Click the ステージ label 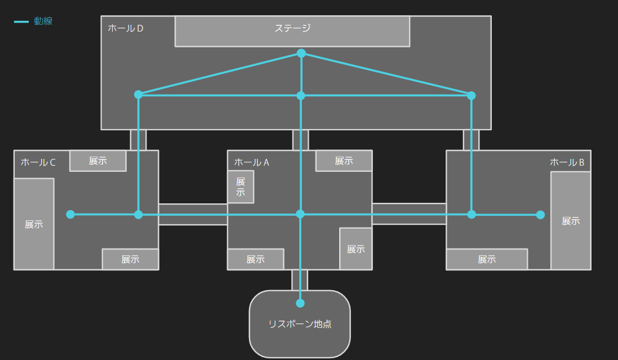click(292, 28)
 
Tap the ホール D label click(125, 28)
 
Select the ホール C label click(38, 162)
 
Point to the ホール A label click(251, 162)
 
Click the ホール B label click(567, 162)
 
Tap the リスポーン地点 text click(300, 324)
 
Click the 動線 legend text click(43, 21)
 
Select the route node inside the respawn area click(300, 303)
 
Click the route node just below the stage click(301, 54)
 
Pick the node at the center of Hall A click(300, 214)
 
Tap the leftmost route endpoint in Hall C click(70, 214)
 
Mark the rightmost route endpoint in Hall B click(540, 215)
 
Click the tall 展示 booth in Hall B click(570, 221)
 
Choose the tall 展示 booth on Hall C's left click(34, 224)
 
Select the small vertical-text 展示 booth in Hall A click(241, 186)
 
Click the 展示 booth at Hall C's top click(97, 161)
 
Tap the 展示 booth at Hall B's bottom click(487, 259)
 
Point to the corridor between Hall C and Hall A click(193, 214)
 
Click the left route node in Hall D click(139, 95)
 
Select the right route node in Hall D click(472, 95)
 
